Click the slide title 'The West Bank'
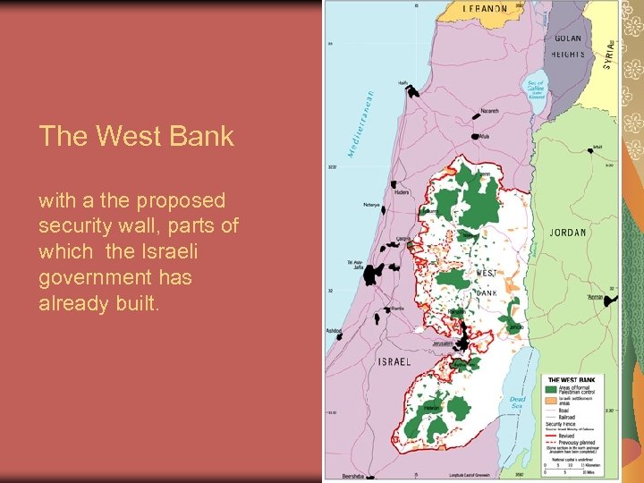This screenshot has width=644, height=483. pyautogui.click(x=136, y=136)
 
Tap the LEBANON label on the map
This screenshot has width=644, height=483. pyautogui.click(x=485, y=9)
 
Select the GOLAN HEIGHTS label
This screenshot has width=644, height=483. pyautogui.click(x=570, y=47)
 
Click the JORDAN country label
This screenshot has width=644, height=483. pyautogui.click(x=568, y=233)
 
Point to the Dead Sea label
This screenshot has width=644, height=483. pyautogui.click(x=518, y=402)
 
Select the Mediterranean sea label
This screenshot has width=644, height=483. pyautogui.click(x=360, y=121)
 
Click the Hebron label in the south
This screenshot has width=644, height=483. pyautogui.click(x=432, y=407)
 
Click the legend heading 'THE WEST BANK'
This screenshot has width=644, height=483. pyautogui.click(x=572, y=380)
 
